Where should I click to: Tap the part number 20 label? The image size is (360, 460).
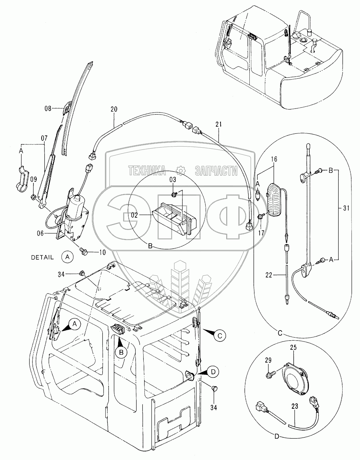(114, 110)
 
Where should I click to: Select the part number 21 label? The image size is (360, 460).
(218, 124)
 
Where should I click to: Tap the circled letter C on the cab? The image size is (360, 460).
(220, 334)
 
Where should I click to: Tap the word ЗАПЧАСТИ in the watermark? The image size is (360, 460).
(216, 171)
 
